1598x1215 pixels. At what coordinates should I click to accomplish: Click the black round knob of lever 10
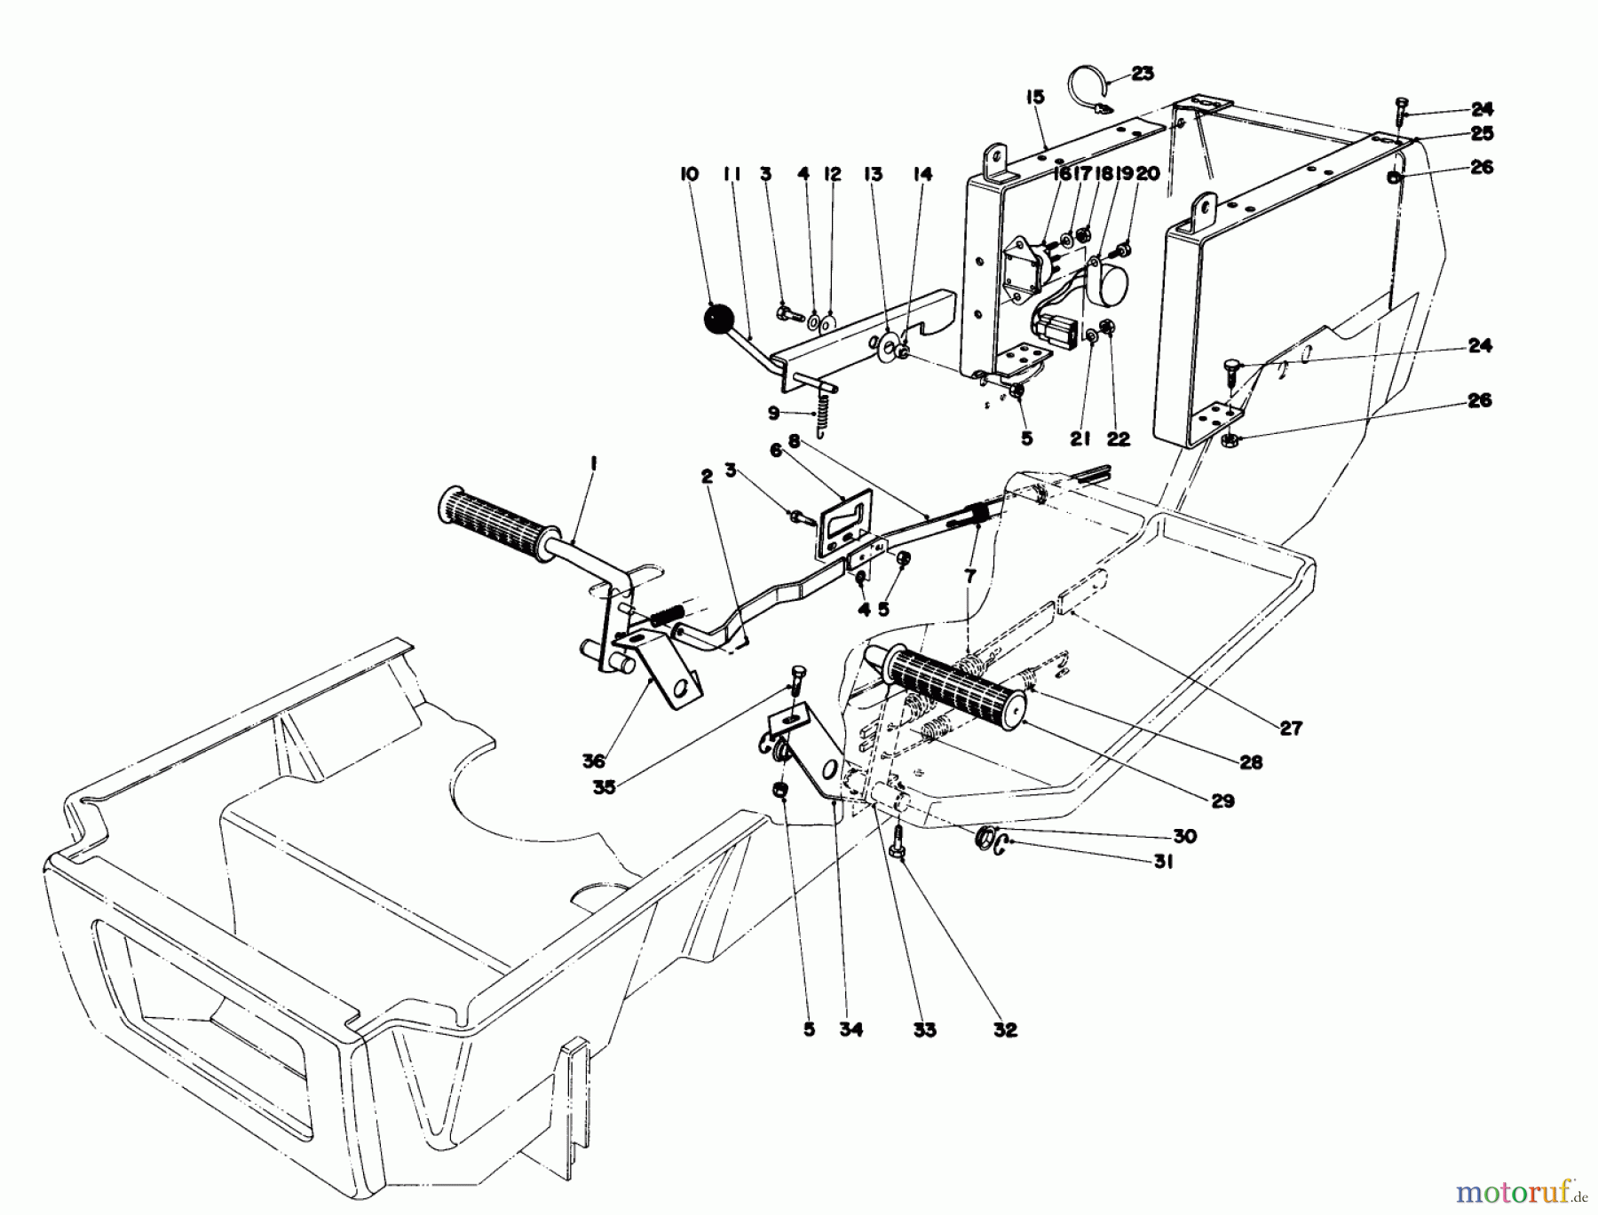click(721, 319)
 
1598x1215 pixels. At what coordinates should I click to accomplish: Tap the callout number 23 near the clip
click(1143, 74)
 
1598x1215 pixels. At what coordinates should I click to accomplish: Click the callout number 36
click(593, 761)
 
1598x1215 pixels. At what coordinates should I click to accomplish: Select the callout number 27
click(1290, 728)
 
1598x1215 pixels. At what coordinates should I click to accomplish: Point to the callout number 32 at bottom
click(1005, 1030)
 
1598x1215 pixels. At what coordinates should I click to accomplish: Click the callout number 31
click(1163, 861)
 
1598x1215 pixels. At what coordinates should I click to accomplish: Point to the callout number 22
click(1119, 439)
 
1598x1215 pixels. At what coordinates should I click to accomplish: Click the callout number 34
click(854, 1030)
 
